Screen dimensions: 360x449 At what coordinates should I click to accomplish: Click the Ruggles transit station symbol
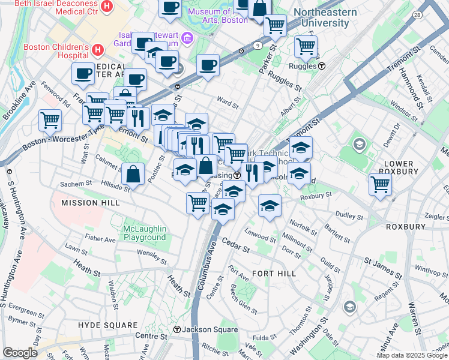click(322, 66)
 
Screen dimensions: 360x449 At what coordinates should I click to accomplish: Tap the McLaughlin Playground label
click(144, 233)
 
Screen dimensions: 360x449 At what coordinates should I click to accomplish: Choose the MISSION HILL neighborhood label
click(88, 203)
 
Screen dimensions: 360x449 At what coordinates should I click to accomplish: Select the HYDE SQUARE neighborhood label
click(104, 325)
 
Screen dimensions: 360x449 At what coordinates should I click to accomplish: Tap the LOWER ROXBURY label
click(399, 167)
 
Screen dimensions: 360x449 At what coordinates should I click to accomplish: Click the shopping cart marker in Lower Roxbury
click(381, 184)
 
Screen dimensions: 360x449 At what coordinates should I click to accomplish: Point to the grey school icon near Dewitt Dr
click(360, 144)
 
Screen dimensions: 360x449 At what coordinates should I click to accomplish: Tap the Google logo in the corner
click(20, 353)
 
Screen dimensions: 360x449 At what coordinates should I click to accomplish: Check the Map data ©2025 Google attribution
click(412, 355)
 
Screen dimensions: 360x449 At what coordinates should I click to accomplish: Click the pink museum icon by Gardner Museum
click(187, 39)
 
